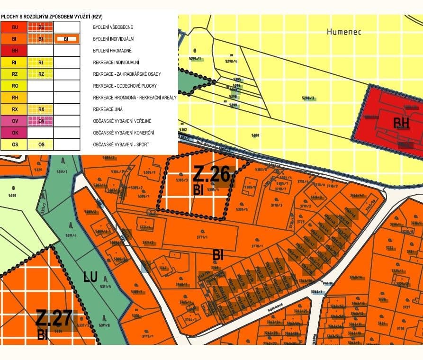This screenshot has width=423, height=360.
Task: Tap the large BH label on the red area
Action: click(x=404, y=123)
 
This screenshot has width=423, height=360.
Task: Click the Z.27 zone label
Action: click(x=56, y=318)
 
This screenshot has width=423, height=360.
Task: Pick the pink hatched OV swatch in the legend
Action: click(x=41, y=121)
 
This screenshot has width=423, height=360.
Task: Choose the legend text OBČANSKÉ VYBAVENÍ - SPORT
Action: click(x=121, y=144)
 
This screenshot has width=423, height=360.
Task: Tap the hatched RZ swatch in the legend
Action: click(x=41, y=74)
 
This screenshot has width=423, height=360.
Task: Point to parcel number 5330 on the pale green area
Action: click(x=12, y=195)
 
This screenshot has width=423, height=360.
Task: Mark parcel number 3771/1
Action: click(x=202, y=237)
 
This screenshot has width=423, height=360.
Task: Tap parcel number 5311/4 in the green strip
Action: click(x=71, y=235)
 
